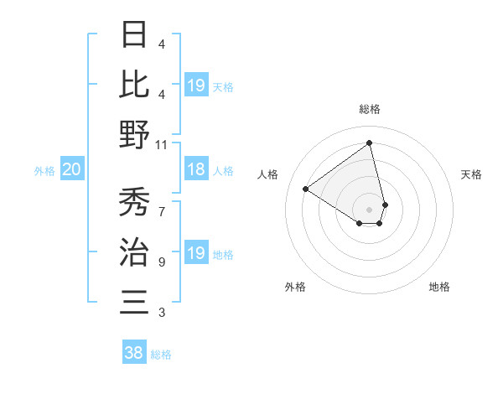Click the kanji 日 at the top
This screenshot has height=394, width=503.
(134, 35)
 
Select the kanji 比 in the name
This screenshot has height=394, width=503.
(134, 84)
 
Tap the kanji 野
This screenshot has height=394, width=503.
(134, 134)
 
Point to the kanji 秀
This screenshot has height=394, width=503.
(134, 203)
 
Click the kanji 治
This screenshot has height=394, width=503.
(134, 251)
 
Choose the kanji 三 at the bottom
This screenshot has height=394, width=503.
(134, 300)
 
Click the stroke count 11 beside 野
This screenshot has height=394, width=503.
(161, 144)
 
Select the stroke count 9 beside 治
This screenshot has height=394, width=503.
(161, 262)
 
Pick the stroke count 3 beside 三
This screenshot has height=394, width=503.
(161, 313)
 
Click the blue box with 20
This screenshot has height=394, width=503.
(71, 170)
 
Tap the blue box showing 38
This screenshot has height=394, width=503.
(133, 354)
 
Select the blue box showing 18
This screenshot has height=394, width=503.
(195, 170)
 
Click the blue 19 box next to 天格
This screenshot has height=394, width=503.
(195, 86)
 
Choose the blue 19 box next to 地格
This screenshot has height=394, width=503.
(195, 253)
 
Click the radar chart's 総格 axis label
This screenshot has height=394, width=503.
(370, 110)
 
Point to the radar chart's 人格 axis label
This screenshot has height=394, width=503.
(268, 174)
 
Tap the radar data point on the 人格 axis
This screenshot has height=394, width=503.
(306, 189)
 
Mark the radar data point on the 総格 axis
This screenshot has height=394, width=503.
(370, 143)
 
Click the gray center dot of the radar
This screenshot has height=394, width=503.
(370, 209)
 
